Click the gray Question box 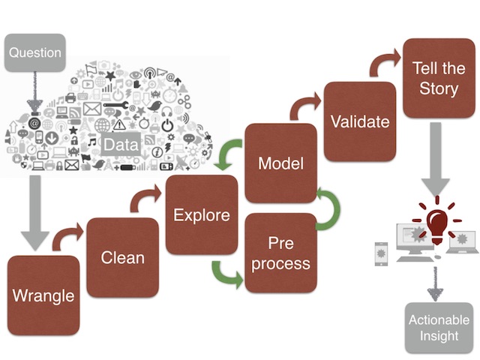[x=35, y=52]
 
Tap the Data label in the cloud [x=121, y=145]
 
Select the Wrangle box [x=43, y=295]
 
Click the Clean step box [x=123, y=257]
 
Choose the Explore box [x=202, y=215]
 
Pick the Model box [x=281, y=163]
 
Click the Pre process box [x=281, y=253]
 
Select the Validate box [x=360, y=121]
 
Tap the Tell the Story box [x=439, y=78]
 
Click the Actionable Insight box [x=439, y=328]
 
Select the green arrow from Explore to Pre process [x=225, y=274]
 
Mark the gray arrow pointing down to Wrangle [x=35, y=213]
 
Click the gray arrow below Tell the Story [x=436, y=159]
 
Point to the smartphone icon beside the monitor [x=382, y=254]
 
